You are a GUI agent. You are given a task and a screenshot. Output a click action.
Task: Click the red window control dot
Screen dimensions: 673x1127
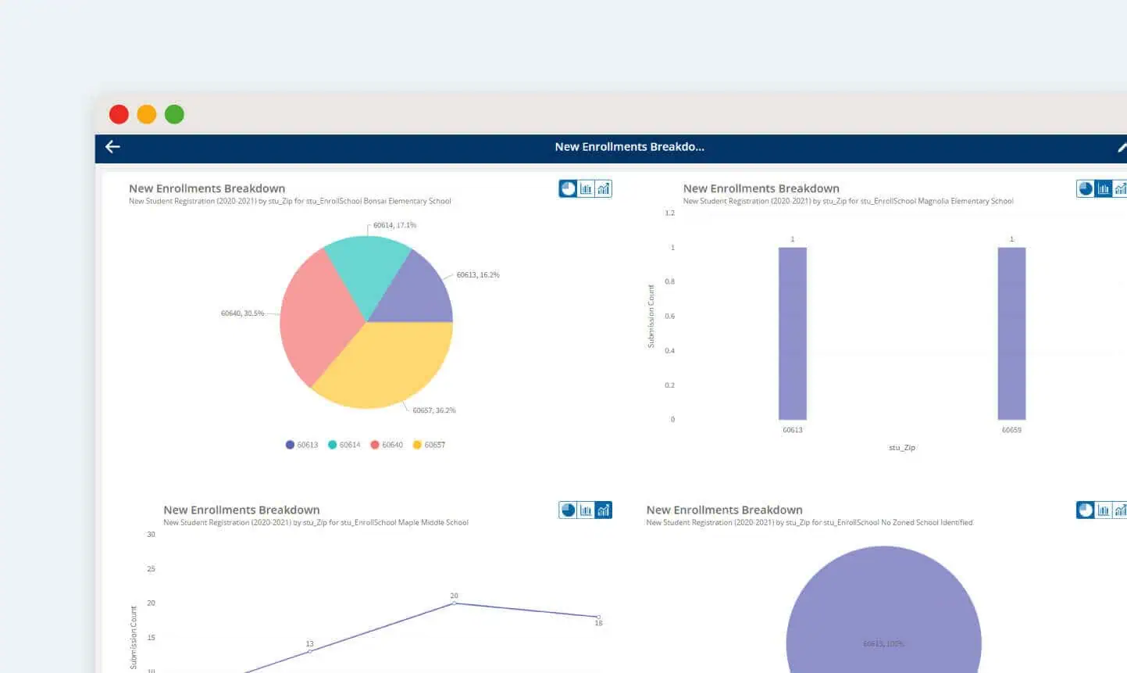pos(119,115)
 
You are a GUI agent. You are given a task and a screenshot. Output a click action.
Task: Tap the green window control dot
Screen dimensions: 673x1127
pos(174,115)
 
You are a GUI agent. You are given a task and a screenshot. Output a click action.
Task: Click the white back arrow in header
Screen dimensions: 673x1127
pos(112,147)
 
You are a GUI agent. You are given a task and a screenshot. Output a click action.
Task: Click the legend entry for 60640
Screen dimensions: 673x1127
pos(387,445)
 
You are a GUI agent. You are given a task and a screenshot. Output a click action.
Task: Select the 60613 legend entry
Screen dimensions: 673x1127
pos(301,445)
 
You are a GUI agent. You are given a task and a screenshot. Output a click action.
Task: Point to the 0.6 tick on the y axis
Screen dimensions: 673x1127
pos(669,317)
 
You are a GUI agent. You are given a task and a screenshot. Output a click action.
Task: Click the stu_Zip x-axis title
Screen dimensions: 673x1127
pos(901,448)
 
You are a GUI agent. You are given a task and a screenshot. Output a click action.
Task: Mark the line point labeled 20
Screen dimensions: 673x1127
pos(455,603)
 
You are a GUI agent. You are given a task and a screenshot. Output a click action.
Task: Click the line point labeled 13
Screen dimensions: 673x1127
pos(310,651)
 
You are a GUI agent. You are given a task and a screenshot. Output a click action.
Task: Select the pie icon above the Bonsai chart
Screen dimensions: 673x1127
pos(568,188)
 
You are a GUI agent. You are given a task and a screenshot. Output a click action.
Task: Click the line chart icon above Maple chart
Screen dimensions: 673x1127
pos(603,510)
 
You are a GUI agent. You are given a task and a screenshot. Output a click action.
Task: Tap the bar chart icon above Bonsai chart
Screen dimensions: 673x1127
pos(586,188)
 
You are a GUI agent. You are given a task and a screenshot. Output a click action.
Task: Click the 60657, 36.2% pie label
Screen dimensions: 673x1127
pos(433,410)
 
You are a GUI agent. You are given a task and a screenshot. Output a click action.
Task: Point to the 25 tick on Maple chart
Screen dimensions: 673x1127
pos(151,569)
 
